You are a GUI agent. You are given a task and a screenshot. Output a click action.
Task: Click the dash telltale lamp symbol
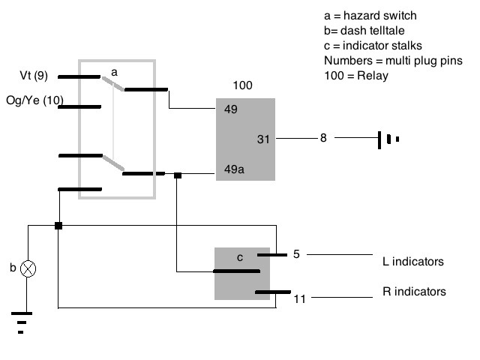click(x=29, y=268)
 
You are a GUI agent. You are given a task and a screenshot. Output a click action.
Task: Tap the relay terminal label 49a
click(x=235, y=169)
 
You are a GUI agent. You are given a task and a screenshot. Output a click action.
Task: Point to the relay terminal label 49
click(x=231, y=109)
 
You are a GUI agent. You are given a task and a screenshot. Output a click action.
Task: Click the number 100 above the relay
click(x=242, y=85)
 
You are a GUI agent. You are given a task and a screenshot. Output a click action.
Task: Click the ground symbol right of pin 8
click(x=388, y=139)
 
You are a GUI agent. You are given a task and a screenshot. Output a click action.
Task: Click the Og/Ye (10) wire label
click(x=34, y=100)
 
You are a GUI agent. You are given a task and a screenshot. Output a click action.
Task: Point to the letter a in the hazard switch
click(x=115, y=71)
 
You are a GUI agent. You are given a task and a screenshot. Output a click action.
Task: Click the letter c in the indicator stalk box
click(x=240, y=257)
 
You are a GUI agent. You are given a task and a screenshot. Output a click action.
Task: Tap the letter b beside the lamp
click(x=13, y=268)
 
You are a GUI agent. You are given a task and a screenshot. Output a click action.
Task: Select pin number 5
click(x=296, y=254)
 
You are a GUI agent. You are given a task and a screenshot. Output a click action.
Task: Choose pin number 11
click(x=300, y=298)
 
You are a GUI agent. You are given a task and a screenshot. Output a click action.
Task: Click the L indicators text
click(x=408, y=262)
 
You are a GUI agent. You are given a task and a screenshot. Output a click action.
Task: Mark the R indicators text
click(x=409, y=292)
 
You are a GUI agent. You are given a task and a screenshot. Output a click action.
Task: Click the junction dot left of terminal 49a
click(x=178, y=175)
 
